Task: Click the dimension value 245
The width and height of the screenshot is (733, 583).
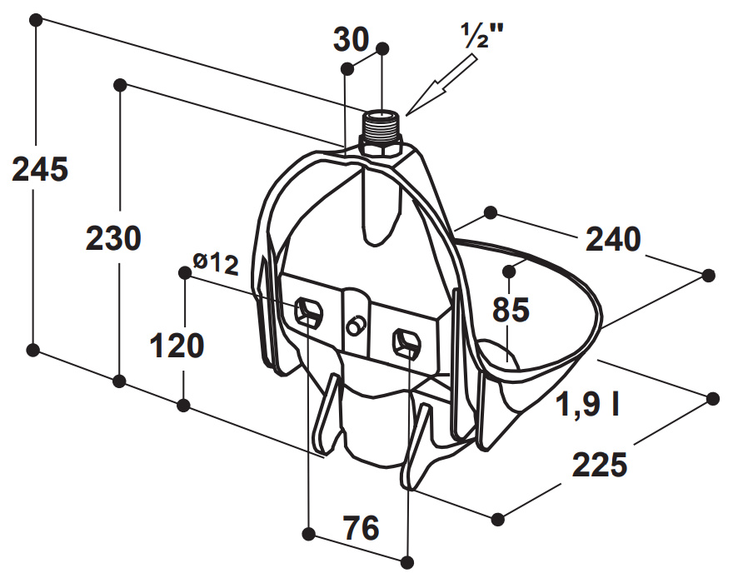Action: [x=40, y=169]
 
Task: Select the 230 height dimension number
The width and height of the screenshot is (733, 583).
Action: [x=113, y=238]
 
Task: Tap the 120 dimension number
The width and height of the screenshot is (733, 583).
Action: [x=177, y=346]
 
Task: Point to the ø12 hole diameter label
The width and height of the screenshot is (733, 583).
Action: [x=216, y=263]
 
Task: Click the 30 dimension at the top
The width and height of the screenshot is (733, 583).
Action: [x=351, y=39]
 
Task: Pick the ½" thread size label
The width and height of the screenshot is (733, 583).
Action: [x=481, y=35]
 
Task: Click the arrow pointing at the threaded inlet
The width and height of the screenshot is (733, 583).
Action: [x=441, y=85]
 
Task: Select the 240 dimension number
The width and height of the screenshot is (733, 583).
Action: [x=613, y=239]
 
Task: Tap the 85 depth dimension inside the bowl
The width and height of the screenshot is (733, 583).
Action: [x=511, y=310]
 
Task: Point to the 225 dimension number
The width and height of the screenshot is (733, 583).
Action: [x=600, y=465]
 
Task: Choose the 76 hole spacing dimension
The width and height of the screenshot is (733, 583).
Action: [x=362, y=528]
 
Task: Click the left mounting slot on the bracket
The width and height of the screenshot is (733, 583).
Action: [x=308, y=312]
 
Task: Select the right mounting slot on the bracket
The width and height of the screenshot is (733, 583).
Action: [x=406, y=342]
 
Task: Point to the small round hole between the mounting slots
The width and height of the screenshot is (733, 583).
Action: [x=355, y=326]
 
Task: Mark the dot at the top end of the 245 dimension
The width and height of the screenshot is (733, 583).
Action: [x=36, y=20]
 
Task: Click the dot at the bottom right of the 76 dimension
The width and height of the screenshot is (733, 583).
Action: [x=407, y=562]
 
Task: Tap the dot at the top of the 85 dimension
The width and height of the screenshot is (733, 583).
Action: [x=509, y=272]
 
